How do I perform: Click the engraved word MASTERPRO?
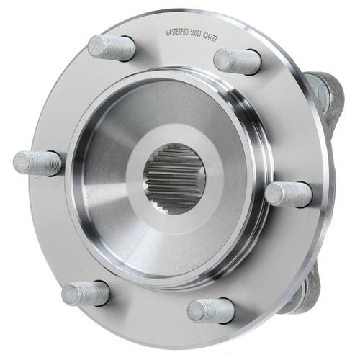coord(177,33)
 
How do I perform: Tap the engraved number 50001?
coord(196,35)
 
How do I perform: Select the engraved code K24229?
coord(210,37)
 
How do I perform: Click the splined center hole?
coord(174,179)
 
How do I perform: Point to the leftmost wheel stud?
coord(37,163)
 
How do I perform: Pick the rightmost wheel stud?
coord(289,194)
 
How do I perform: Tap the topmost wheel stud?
coord(111,48)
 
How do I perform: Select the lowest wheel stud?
coord(211,311)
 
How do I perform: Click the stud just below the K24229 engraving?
coord(237,61)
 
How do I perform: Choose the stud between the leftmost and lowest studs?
coord(86,294)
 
